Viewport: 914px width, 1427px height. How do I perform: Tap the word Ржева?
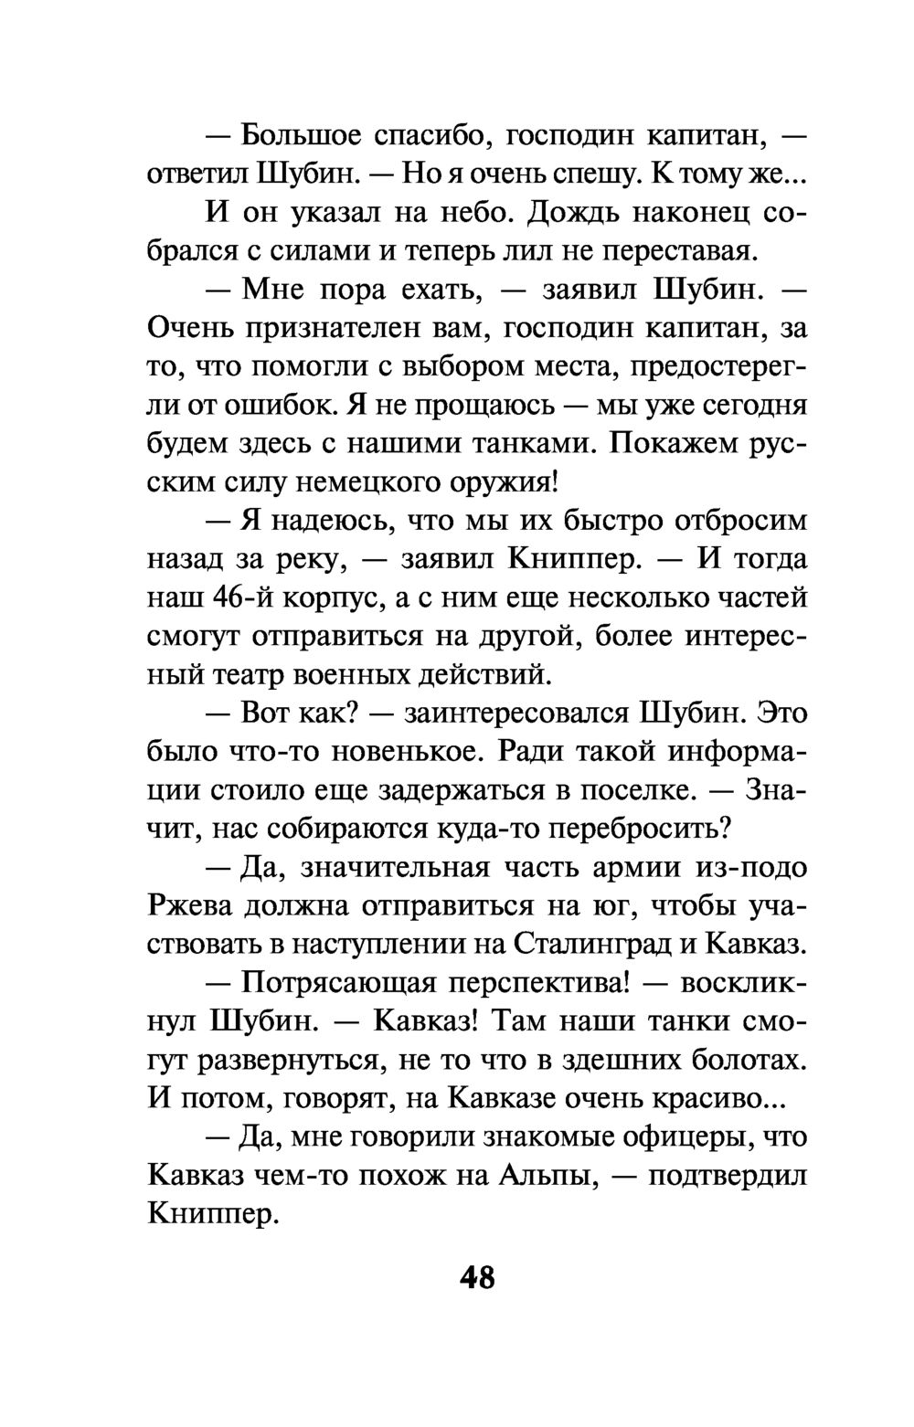[x=191, y=904]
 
